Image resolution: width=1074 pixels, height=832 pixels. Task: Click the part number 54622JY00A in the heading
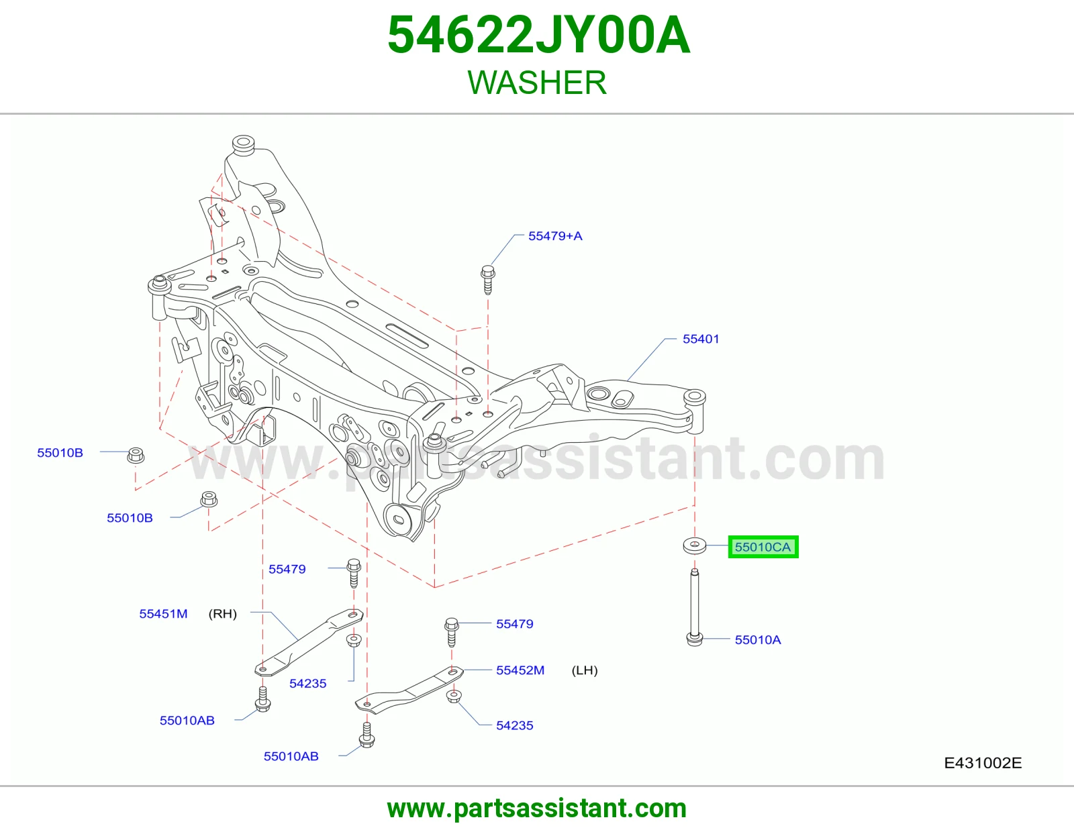point(539,35)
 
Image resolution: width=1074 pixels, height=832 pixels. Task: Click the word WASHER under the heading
point(537,83)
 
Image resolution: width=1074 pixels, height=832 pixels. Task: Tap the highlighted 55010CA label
point(763,547)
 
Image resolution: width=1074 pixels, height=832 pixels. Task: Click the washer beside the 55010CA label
point(695,545)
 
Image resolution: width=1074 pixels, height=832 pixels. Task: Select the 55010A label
point(758,640)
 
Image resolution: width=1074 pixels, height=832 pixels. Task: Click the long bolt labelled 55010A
point(695,607)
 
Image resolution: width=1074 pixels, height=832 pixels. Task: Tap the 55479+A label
point(555,236)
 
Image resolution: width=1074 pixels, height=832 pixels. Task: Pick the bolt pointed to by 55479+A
point(488,280)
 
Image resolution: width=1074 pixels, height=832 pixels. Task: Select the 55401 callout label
point(700,339)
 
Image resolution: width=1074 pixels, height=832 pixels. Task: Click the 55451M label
point(163,614)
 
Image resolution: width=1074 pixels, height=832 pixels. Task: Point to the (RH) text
point(222,614)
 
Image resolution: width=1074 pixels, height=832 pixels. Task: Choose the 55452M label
point(520,670)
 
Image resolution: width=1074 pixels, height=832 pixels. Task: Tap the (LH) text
point(585,670)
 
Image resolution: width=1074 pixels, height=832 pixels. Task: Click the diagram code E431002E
point(983,763)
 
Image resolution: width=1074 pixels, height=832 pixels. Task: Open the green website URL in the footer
point(537,809)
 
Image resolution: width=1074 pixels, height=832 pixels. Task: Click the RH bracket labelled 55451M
point(309,642)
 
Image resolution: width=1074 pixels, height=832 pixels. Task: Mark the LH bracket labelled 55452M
point(409,689)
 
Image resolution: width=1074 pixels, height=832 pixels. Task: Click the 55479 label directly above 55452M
point(514,623)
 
